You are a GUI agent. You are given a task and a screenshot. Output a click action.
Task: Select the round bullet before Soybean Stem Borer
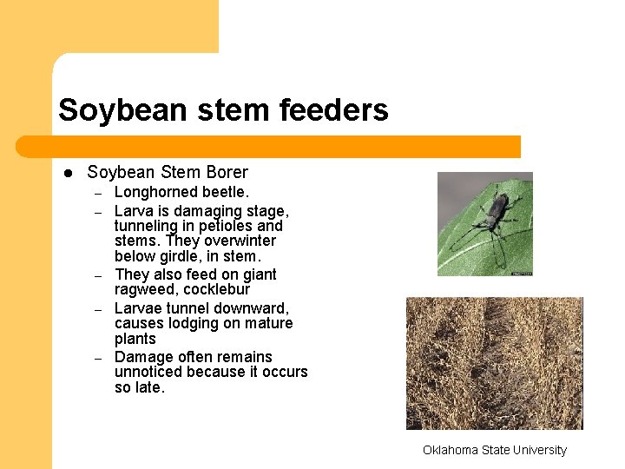point(66,174)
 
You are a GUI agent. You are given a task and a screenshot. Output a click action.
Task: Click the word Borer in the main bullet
point(226,173)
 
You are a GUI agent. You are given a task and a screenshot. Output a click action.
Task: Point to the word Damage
point(143,357)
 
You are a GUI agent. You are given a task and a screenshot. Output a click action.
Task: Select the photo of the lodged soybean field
point(494,363)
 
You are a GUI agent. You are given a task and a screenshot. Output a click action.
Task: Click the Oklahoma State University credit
point(494,450)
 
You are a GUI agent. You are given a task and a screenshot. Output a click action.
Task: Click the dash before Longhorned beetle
point(99,194)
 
